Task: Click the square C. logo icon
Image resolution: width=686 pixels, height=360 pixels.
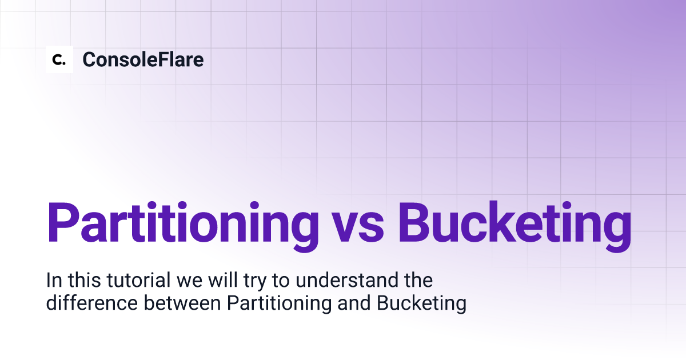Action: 59,59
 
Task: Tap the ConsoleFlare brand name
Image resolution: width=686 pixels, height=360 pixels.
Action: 143,59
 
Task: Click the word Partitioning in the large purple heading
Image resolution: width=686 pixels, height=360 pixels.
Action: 183,226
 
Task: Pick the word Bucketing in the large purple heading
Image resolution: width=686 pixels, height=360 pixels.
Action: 514,226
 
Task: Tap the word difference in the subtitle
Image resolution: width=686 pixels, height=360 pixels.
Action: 92,303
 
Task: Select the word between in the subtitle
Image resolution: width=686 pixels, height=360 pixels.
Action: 182,303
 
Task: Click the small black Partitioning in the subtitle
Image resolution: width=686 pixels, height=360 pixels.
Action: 280,303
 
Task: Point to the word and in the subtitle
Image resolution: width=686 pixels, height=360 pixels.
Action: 354,303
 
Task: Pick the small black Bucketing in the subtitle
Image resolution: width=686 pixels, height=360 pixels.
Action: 421,303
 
